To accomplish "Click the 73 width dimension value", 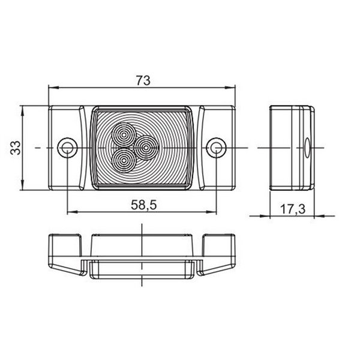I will pyautogui.click(x=142, y=80).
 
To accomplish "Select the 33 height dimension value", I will pyautogui.click(x=16, y=147).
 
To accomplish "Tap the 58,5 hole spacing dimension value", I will pyautogui.click(x=142, y=205).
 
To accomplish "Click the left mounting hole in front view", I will pyautogui.click(x=67, y=147).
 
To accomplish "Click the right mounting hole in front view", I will pyautogui.click(x=216, y=147).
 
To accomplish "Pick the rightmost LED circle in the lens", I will pyautogui.click(x=145, y=146).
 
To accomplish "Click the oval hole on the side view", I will pyautogui.click(x=307, y=147).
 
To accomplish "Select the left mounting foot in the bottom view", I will pyautogui.click(x=65, y=252).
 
